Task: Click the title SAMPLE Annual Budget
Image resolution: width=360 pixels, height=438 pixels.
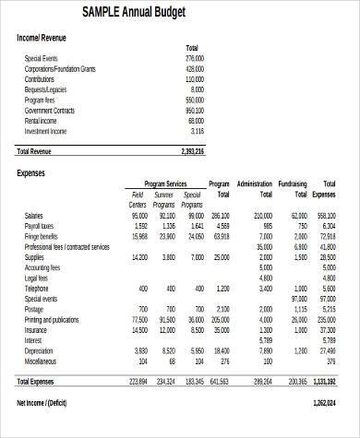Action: (133, 12)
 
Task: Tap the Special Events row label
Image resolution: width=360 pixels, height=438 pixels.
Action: (41, 58)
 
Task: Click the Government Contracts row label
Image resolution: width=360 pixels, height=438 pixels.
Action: (51, 109)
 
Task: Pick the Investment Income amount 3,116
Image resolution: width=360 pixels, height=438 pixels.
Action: (196, 131)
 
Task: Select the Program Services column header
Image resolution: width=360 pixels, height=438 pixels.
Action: (165, 184)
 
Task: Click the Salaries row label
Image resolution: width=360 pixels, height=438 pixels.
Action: (33, 215)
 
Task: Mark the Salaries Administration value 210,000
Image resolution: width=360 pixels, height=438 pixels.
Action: (262, 215)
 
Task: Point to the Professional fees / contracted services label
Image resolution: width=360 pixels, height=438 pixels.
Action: (66, 247)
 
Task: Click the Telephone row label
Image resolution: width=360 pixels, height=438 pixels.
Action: (37, 289)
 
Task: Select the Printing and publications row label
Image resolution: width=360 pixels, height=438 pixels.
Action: (52, 319)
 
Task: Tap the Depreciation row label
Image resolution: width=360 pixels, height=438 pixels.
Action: (39, 350)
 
